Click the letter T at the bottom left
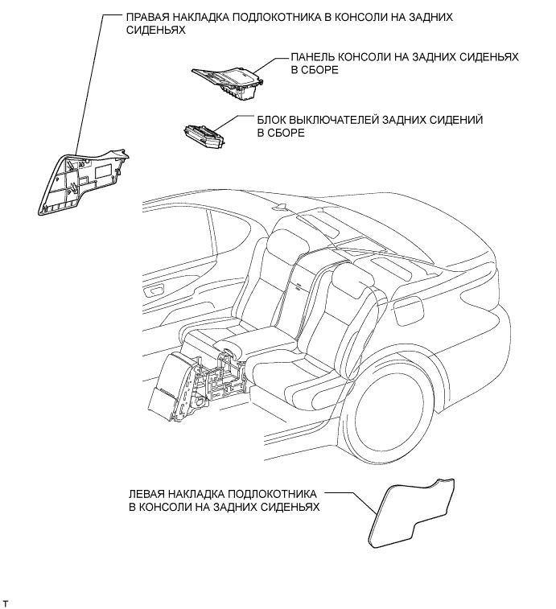tap(6, 602)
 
